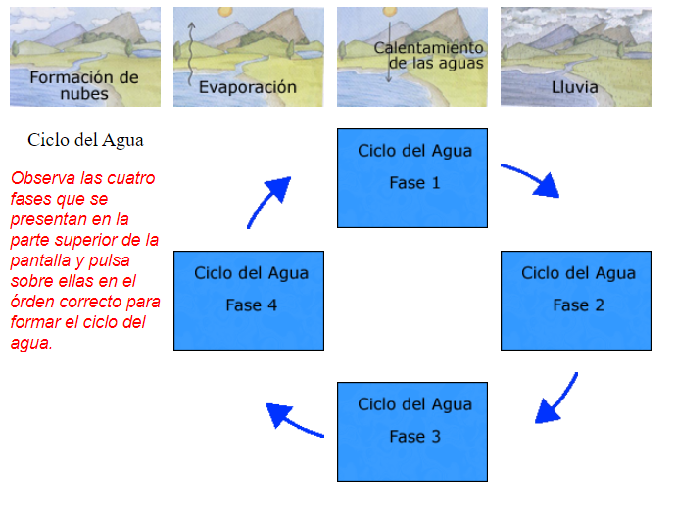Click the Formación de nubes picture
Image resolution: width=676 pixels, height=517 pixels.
84,57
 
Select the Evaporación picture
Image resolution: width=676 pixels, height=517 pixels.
248,57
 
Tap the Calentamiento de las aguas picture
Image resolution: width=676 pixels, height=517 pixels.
411,57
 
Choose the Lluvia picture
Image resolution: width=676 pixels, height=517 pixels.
575,57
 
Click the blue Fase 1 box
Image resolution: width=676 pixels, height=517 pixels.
412,178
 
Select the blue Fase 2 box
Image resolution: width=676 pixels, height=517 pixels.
576,301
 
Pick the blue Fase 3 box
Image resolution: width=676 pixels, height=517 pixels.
412,432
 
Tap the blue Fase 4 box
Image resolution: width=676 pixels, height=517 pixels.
249,301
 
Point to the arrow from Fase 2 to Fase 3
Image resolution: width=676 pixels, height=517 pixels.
556,399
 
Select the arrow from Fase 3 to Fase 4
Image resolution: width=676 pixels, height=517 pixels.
295,420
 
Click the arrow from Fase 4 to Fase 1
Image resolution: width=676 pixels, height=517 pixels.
268,201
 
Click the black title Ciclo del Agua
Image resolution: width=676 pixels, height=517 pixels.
86,140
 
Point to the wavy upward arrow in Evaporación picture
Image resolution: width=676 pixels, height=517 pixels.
191,54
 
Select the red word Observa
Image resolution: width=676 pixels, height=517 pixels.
44,179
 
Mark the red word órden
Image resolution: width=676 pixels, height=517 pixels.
34,303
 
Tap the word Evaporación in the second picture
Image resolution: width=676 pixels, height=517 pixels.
248,87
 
